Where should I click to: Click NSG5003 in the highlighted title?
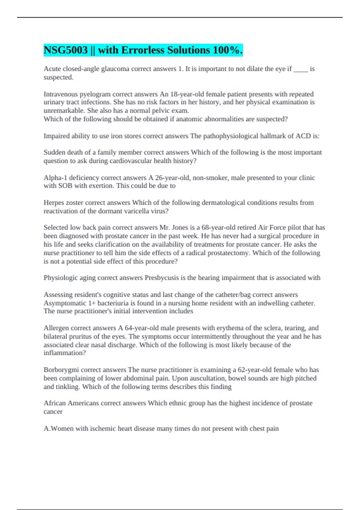tap(66, 50)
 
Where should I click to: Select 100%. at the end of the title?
tap(228, 50)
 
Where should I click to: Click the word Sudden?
tap(54, 152)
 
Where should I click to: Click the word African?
tap(55, 403)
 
